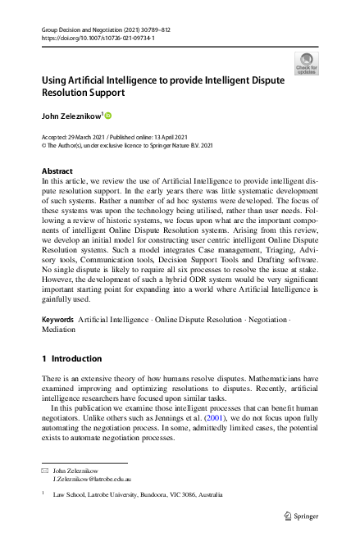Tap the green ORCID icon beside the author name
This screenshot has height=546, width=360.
(x=107, y=115)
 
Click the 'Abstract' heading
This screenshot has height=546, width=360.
(x=57, y=171)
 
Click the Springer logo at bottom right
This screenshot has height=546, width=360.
(x=299, y=516)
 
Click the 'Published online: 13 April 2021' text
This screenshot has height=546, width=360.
(x=156, y=137)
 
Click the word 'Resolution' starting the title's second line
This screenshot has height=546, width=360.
(x=69, y=95)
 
